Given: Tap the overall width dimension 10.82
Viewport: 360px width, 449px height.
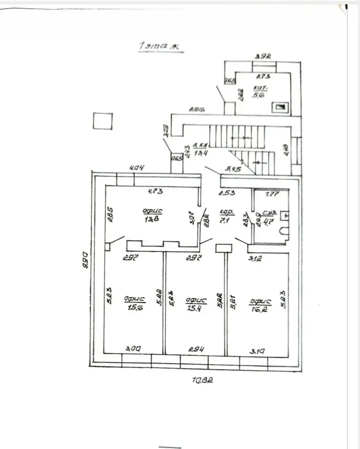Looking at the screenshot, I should (x=203, y=380).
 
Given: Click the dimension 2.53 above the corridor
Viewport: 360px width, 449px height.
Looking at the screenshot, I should (x=227, y=192).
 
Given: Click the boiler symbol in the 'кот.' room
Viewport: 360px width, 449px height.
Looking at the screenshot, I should (x=279, y=106).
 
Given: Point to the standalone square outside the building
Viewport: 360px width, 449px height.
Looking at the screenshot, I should (x=103, y=121).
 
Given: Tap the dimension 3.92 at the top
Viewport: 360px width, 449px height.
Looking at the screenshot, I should (x=262, y=57).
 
